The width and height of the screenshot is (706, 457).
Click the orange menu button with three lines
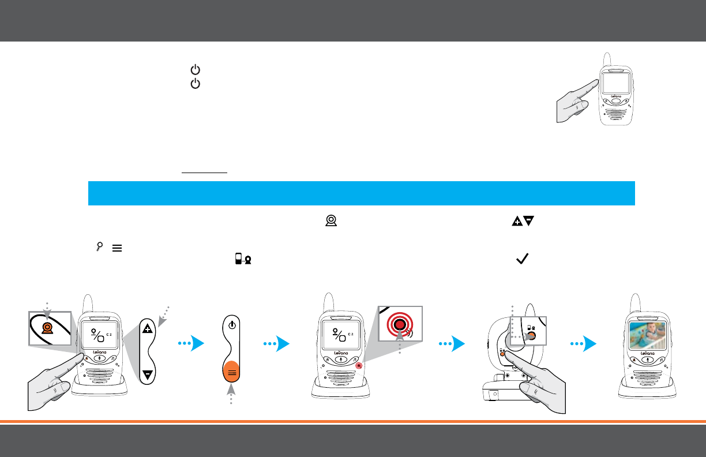coord(231,373)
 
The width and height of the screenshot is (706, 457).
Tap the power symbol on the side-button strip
coord(231,324)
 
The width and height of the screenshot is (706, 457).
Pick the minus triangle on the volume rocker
coord(148,373)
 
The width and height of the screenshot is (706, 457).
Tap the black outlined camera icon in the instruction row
coord(331,221)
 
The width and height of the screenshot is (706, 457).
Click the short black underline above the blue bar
coord(204,172)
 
